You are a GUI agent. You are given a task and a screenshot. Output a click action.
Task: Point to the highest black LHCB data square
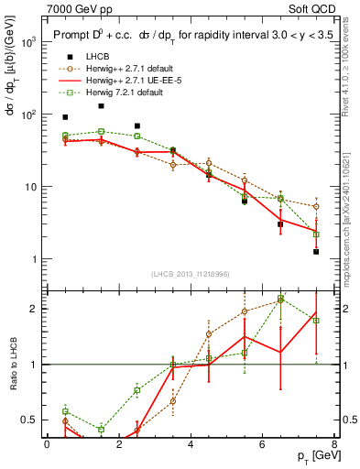(x=101, y=106)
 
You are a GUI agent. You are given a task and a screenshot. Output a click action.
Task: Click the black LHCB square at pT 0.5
(x=65, y=117)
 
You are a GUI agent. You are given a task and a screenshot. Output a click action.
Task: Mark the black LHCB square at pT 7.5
(x=316, y=251)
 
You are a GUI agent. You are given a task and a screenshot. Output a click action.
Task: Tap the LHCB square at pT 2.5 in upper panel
(x=137, y=125)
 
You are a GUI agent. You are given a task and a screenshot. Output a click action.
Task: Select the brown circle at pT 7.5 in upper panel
(x=316, y=206)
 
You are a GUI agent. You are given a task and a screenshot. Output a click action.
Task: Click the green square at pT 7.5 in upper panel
(x=316, y=234)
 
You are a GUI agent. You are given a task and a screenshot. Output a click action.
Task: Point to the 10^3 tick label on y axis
(x=29, y=43)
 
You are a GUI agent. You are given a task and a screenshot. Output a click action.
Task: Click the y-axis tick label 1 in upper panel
(x=33, y=259)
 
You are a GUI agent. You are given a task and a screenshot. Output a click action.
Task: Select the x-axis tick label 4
(x=191, y=444)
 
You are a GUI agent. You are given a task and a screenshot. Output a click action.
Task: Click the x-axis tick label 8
(x=333, y=444)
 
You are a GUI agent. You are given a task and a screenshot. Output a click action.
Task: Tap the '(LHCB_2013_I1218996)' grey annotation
(x=191, y=273)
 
